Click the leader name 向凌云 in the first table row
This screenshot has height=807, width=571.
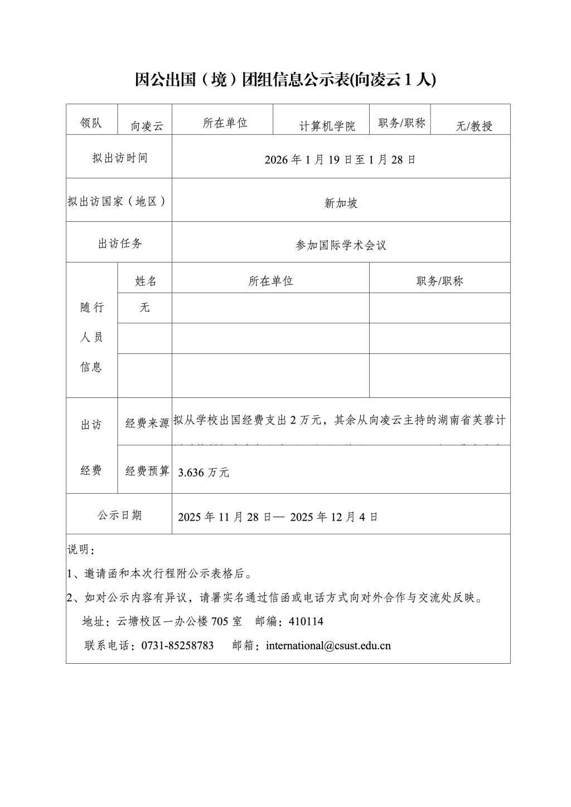(x=147, y=126)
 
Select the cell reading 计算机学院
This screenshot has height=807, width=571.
(x=327, y=126)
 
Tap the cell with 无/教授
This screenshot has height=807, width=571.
(x=474, y=126)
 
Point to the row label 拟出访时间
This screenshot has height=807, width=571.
(x=120, y=158)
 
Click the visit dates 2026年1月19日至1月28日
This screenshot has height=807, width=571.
(x=340, y=160)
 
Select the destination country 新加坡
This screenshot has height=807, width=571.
(x=341, y=203)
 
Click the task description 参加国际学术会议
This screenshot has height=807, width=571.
(x=341, y=245)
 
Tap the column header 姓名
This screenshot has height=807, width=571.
(x=146, y=281)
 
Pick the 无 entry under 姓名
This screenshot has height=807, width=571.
(x=145, y=307)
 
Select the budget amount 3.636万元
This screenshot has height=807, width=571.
(x=204, y=473)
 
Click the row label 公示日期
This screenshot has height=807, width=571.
(x=120, y=515)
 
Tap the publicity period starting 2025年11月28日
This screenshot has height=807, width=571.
(x=278, y=517)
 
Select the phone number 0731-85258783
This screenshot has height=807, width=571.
(x=177, y=645)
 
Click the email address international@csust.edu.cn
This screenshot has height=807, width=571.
(x=328, y=645)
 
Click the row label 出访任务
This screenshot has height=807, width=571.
(x=120, y=244)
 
